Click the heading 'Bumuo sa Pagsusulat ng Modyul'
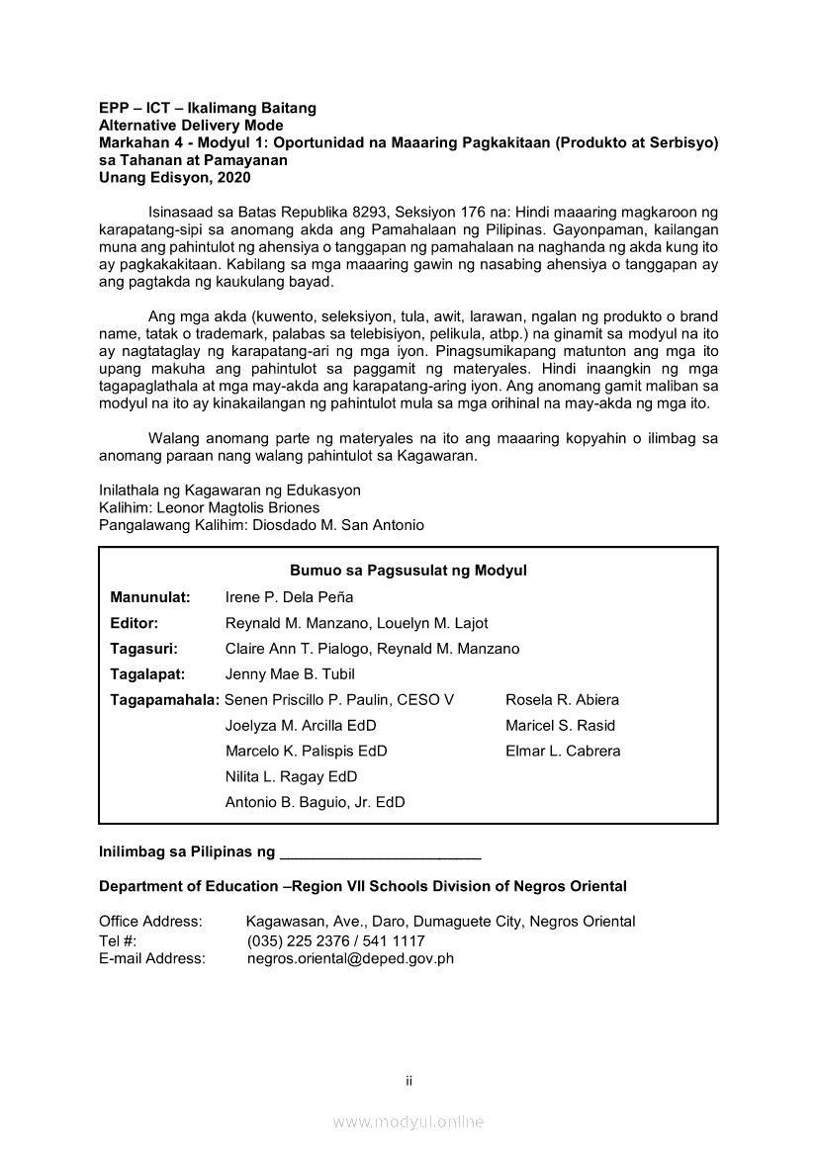pyautogui.click(x=408, y=571)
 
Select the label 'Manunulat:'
pyautogui.click(x=149, y=597)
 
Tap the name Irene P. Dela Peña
pyautogui.click(x=289, y=597)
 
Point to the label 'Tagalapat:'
pyautogui.click(x=147, y=674)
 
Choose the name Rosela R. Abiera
pyautogui.click(x=562, y=700)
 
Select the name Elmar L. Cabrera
pyautogui.click(x=563, y=752)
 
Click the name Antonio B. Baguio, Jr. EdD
pyautogui.click(x=315, y=803)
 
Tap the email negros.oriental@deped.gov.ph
pyautogui.click(x=350, y=958)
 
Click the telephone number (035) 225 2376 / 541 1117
pyautogui.click(x=335, y=940)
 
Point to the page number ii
pyautogui.click(x=408, y=1081)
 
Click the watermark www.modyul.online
pyautogui.click(x=408, y=1122)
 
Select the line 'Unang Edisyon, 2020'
pyautogui.click(x=175, y=179)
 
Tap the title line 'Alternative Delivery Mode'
pyautogui.click(x=191, y=126)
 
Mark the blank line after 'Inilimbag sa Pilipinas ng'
pyautogui.click(x=381, y=851)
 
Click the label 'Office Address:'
pyautogui.click(x=150, y=922)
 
